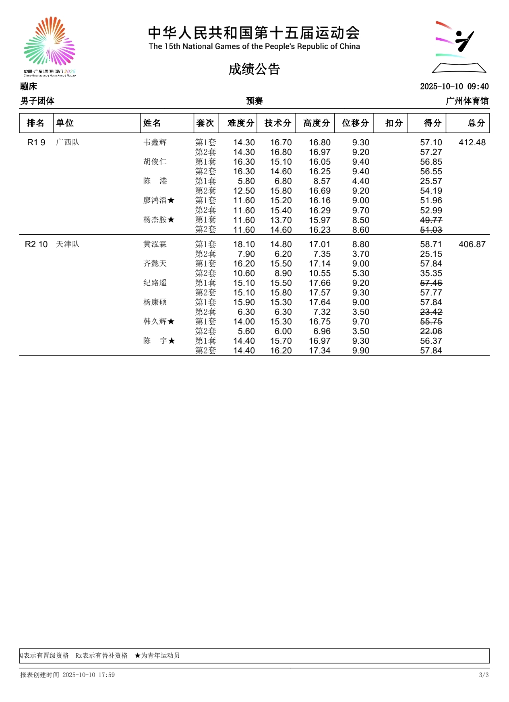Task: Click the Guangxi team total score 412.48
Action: click(472, 142)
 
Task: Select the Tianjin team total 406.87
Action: click(472, 244)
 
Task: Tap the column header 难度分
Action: click(240, 123)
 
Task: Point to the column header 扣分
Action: click(393, 123)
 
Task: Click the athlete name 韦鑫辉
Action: click(155, 142)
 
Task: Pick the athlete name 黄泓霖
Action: click(155, 244)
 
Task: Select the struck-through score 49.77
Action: click(431, 220)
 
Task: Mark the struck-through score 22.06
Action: click(431, 331)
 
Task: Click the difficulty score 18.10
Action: click(244, 244)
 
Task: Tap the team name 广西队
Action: click(68, 142)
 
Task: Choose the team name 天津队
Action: click(68, 244)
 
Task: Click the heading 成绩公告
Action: click(254, 69)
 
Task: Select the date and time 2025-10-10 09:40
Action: click(454, 87)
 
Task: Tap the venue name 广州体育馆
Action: click(467, 101)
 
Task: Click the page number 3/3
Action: click(484, 675)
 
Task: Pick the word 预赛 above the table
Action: click(254, 101)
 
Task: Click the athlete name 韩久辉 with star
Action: click(159, 322)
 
